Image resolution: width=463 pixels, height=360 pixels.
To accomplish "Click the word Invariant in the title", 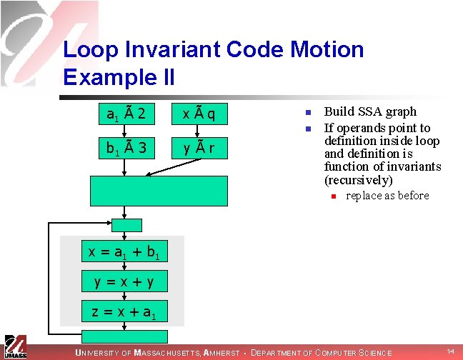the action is [175, 50].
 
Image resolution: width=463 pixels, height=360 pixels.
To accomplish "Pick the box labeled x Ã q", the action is [199, 114].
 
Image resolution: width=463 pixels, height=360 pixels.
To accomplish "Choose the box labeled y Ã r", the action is [199, 149].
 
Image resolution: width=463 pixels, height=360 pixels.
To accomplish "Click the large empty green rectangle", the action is [159, 190].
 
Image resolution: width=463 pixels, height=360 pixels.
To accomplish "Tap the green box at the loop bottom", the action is [124, 336].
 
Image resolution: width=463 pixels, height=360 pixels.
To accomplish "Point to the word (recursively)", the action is [359, 180].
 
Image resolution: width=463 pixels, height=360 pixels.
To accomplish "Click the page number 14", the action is [450, 351].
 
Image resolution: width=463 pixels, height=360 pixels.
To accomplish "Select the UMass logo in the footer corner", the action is [14, 346].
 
